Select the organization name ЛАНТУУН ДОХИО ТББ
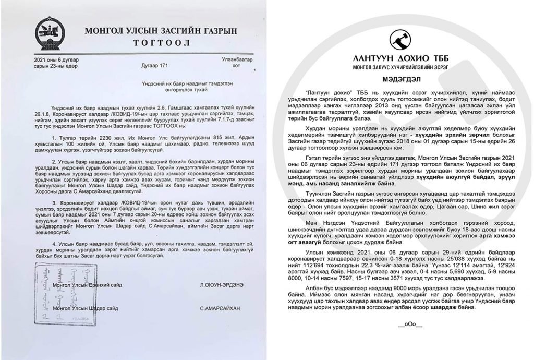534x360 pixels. coord(400,58)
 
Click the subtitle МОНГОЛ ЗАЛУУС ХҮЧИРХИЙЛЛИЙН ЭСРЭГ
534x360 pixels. coord(400,67)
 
